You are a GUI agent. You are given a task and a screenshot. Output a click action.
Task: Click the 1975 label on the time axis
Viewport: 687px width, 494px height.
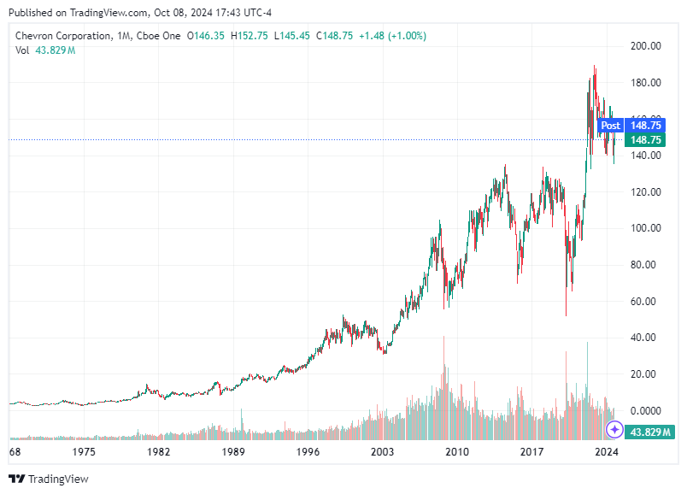(84, 450)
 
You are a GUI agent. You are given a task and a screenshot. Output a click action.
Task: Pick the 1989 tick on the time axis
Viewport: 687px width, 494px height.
(233, 450)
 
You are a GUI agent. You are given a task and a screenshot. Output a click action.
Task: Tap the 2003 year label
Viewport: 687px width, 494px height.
(383, 450)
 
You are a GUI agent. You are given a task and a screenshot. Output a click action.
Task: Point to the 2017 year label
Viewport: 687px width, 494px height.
(532, 450)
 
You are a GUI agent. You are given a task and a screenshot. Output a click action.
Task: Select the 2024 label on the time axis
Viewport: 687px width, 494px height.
(607, 450)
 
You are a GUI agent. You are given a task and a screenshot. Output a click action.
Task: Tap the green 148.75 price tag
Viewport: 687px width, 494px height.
(646, 139)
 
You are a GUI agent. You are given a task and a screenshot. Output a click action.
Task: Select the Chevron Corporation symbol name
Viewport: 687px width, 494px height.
(63, 36)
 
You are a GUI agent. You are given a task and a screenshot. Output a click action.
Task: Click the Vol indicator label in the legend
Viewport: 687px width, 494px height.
(22, 50)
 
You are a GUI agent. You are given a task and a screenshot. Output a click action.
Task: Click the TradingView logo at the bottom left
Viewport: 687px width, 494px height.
(49, 479)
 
